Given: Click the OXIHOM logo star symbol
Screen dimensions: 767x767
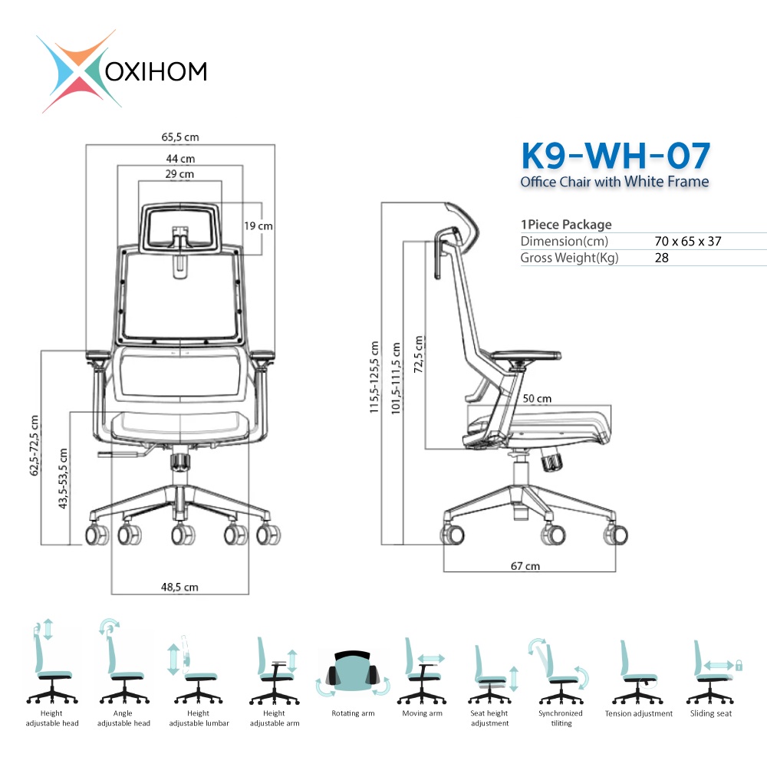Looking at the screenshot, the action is pyautogui.click(x=78, y=71).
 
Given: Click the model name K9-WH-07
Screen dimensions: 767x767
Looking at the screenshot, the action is pyautogui.click(x=615, y=156).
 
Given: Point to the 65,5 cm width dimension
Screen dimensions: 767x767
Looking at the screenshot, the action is pyautogui.click(x=180, y=137).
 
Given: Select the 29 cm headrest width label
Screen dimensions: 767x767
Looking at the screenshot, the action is pyautogui.click(x=179, y=174).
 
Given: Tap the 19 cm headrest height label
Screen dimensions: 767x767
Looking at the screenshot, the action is pyautogui.click(x=258, y=226).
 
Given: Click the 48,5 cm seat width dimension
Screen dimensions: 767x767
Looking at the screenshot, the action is pyautogui.click(x=179, y=587).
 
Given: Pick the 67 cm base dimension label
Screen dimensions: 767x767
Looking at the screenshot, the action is pyautogui.click(x=525, y=566).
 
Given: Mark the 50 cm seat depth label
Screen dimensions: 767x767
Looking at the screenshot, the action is pyautogui.click(x=537, y=399).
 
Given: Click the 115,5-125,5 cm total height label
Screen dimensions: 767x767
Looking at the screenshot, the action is pyautogui.click(x=374, y=377).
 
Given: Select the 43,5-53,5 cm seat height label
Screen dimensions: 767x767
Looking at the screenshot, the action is pyautogui.click(x=63, y=479).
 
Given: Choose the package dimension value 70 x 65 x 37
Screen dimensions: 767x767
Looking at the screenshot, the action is pyautogui.click(x=688, y=241).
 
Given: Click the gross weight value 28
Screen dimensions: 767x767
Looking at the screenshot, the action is pyautogui.click(x=661, y=258).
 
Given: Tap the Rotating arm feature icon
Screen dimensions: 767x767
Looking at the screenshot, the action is pyautogui.click(x=353, y=673).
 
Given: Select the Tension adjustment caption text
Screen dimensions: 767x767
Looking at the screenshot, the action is pyautogui.click(x=638, y=713).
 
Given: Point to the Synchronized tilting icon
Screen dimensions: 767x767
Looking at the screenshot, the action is pyautogui.click(x=559, y=670).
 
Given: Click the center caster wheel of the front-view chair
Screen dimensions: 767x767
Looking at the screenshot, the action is pyautogui.click(x=183, y=535).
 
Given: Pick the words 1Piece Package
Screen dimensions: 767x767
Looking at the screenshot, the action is pyautogui.click(x=566, y=225).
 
